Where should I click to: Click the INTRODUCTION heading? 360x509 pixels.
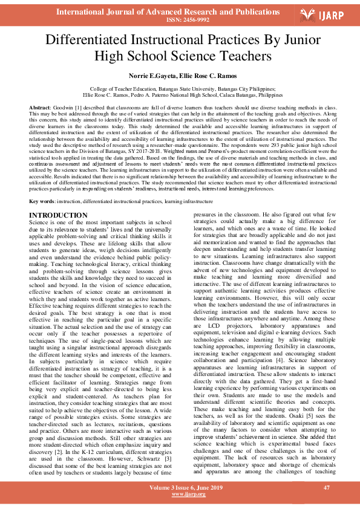click(58, 215)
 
